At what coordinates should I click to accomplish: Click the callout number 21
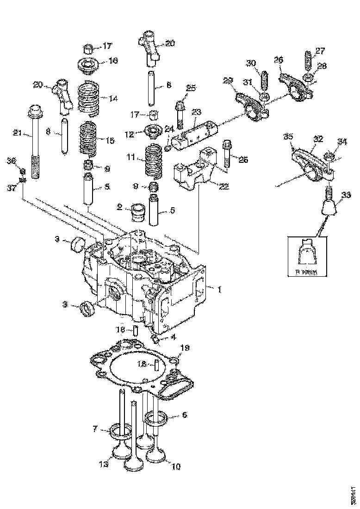pos(17,133)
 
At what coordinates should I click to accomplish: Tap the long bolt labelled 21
pos(35,143)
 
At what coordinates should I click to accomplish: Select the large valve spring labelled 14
pos(89,98)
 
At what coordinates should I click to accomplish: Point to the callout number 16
pos(113,61)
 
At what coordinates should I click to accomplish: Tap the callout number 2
pos(119,208)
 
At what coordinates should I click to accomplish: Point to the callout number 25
pos(191,88)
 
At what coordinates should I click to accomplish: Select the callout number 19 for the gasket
pos(184,347)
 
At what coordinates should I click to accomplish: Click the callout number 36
pos(12,161)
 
